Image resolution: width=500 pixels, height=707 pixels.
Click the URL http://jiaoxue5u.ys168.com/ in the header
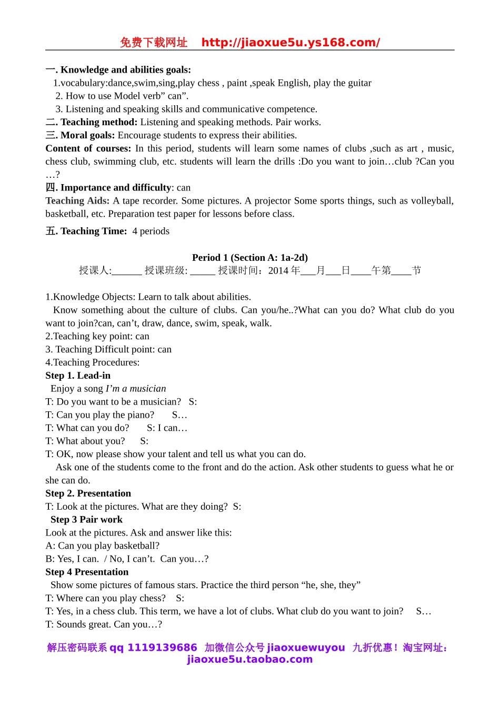[x=291, y=43]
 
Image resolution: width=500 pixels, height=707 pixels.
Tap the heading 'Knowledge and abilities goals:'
[x=125, y=69]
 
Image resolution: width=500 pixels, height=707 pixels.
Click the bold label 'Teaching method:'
[x=98, y=122]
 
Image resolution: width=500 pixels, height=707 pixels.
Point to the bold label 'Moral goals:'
[x=87, y=135]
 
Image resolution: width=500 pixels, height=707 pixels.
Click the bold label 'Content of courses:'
[x=88, y=148]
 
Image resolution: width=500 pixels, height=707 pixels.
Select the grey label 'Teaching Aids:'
[x=77, y=200]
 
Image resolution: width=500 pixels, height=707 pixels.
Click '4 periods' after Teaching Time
[x=151, y=231]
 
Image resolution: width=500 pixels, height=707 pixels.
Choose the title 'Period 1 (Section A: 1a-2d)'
[x=249, y=257]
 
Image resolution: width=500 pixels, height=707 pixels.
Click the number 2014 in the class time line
[x=278, y=270]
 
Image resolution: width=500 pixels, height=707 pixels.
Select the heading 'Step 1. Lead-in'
[x=78, y=375]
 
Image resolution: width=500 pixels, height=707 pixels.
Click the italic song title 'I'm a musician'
[x=136, y=388]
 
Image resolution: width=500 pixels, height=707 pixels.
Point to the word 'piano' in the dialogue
[x=141, y=415]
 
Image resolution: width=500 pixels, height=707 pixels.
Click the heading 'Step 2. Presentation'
[x=88, y=493]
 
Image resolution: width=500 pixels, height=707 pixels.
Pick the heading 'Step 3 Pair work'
[x=86, y=519]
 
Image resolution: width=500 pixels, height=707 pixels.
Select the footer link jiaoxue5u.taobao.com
[x=249, y=659]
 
